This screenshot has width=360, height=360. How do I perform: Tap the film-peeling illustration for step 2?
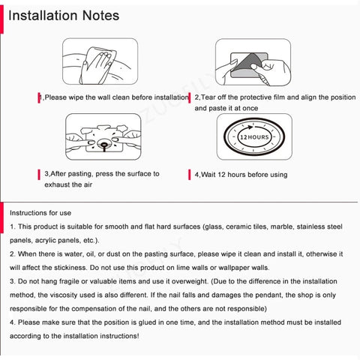tap(252, 64)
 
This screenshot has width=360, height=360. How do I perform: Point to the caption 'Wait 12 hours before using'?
tap(241, 175)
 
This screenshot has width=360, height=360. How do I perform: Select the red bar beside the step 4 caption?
tap(187, 175)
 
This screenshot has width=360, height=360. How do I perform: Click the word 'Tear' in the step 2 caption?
tap(211, 97)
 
